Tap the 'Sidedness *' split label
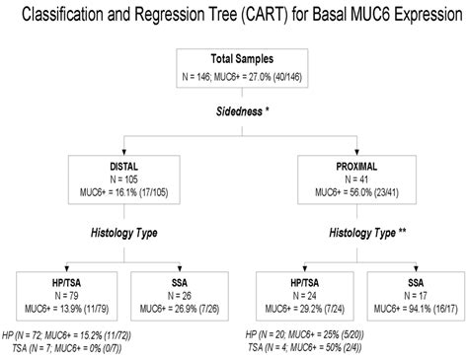(x=235, y=114)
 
